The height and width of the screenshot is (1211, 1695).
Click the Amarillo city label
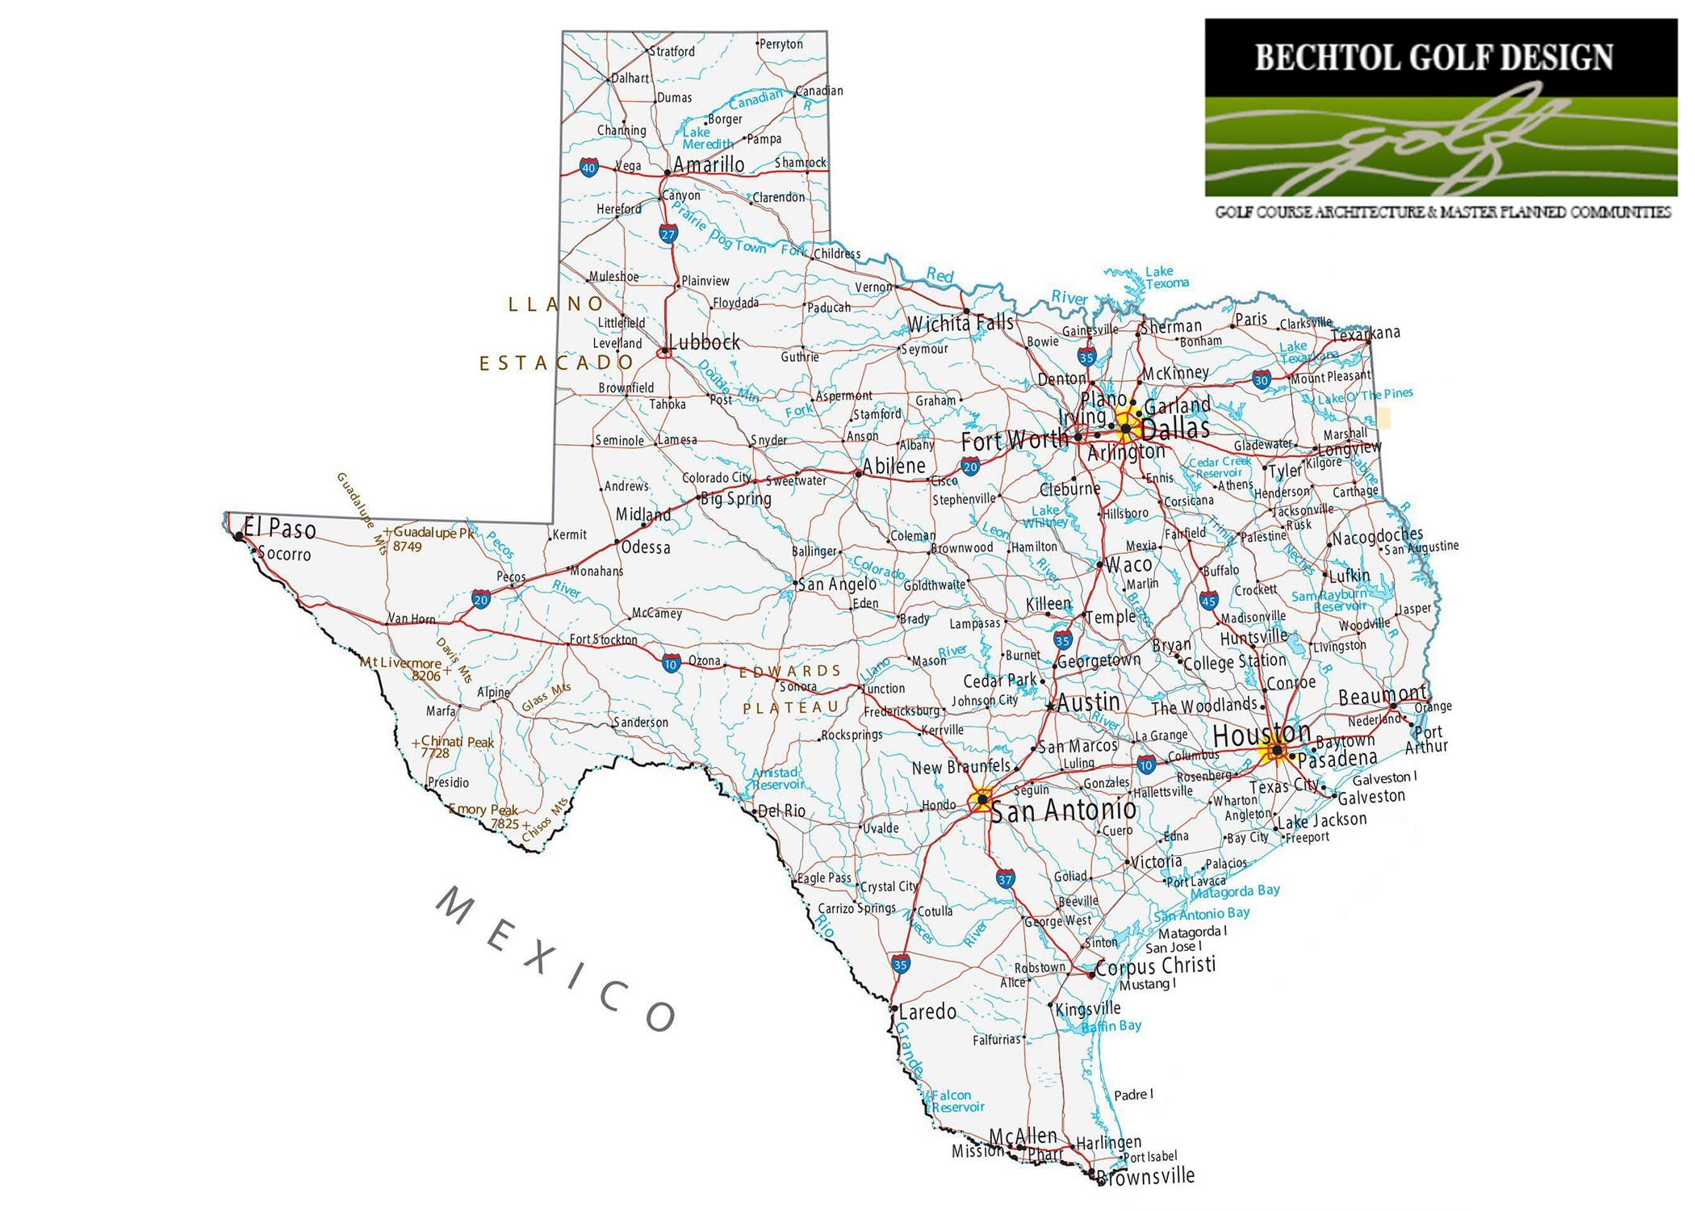709,165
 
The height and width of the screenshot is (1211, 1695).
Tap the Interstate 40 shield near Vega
588,168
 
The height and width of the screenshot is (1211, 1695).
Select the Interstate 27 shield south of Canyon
668,235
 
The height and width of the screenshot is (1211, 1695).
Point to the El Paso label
279,529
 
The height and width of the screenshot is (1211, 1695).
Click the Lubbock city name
704,342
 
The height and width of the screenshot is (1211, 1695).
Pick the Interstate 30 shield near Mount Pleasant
1262,379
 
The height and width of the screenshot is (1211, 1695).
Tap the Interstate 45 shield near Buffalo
1208,601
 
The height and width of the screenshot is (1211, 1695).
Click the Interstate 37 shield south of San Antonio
1005,879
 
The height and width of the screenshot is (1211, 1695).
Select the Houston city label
1262,735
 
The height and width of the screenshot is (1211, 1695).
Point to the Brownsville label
1147,1175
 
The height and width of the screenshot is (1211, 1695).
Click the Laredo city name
927,1012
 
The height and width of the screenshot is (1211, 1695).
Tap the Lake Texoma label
1166,277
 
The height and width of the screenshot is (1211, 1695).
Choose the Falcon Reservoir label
958,1101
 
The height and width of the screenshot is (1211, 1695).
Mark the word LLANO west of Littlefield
556,304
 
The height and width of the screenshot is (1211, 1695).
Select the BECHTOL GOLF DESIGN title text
1433,58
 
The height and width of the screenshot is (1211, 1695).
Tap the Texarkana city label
1365,333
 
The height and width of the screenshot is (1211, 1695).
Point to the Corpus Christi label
1155,966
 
